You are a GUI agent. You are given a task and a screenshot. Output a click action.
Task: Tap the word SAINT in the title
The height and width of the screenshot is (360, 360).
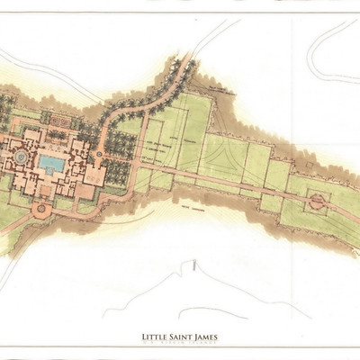182,337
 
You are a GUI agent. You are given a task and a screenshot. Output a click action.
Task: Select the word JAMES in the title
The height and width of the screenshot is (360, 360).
210,337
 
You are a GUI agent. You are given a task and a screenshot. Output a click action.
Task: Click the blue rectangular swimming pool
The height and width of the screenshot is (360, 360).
50,164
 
